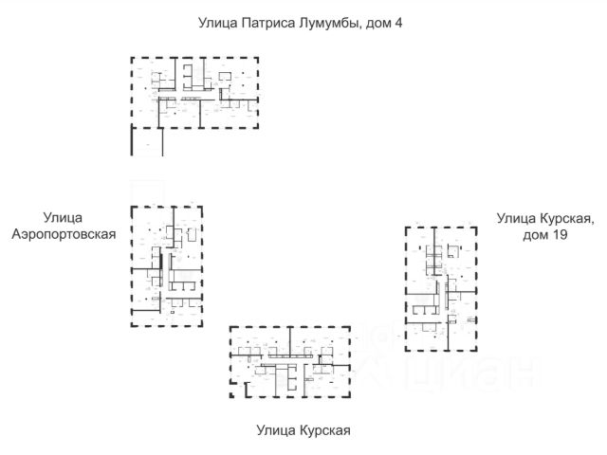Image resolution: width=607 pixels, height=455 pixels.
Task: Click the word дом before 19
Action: (534, 234)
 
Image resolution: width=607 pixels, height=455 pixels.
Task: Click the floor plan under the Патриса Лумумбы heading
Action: (194, 92)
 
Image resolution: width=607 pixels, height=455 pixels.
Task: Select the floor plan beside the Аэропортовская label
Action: (167, 265)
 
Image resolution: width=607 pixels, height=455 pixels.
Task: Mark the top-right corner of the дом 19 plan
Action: (476, 227)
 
